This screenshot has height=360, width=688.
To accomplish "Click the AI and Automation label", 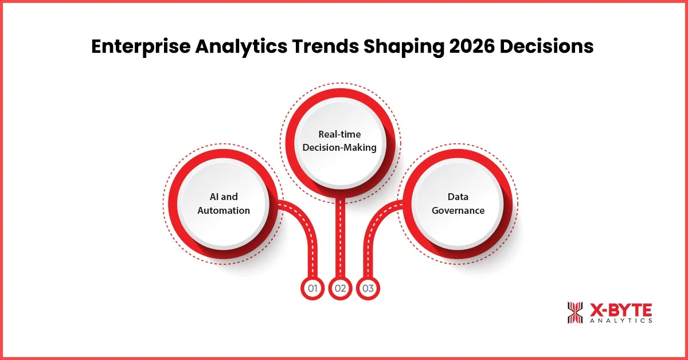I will point(224,204).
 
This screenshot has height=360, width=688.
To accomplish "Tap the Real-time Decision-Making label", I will point(340,141).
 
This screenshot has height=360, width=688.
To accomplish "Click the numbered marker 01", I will point(312,288).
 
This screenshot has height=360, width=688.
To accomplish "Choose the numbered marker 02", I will point(341,288).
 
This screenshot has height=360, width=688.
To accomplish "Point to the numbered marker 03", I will point(368,288).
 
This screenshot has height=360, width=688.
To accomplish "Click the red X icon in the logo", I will point(574,312).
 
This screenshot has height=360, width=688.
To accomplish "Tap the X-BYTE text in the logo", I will point(620,310).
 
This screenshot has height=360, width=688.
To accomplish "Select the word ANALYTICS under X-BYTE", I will point(620,321).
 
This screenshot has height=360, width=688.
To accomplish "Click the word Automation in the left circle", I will point(224,210).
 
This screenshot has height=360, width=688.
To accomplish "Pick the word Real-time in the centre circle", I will point(340,134).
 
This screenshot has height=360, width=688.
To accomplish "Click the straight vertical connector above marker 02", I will point(341,241).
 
